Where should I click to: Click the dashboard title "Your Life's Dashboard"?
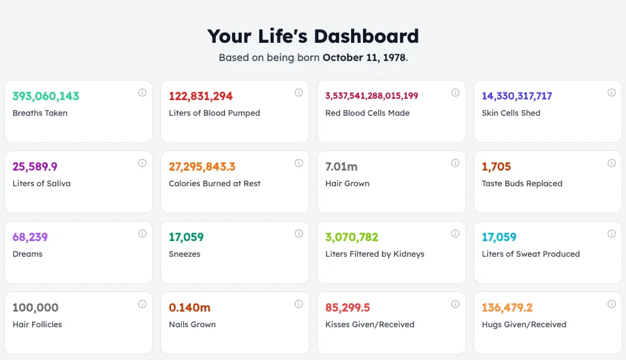pos(313,36)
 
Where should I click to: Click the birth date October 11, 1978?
pos(364,57)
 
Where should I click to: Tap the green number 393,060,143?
pos(46,96)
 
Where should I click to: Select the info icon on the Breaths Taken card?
pos(142,93)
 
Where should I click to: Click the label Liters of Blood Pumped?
pos(214,113)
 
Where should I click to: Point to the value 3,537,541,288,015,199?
pos(371,96)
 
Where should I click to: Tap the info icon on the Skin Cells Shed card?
pos(611,93)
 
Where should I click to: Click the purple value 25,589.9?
pos(35,167)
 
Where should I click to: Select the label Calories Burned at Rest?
pos(215,184)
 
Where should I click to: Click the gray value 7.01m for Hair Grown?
pos(341,167)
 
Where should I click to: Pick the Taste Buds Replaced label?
pos(522,184)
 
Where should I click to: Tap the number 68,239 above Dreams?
pos(30,237)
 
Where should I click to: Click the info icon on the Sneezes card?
pos(298,233)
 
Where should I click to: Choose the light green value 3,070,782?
pos(352,237)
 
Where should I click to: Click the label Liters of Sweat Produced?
pos(530,254)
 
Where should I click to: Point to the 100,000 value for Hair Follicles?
pos(35,308)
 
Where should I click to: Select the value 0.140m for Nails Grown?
pos(189,308)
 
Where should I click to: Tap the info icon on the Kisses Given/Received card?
pos(455,304)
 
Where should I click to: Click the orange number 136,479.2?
pos(507,308)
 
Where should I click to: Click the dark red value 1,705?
pos(496,167)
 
